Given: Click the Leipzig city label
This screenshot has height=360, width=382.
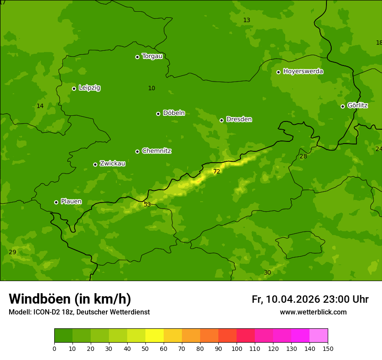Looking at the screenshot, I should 89,88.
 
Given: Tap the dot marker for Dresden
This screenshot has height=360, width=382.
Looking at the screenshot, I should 221,120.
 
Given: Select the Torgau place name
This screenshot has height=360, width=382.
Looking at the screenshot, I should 152,56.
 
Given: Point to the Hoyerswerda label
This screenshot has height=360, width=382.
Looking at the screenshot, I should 303,72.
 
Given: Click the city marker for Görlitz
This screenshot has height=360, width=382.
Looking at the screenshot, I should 342,106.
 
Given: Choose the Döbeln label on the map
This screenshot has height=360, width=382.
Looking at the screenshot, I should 174,113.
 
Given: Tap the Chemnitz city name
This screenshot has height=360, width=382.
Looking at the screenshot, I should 156,151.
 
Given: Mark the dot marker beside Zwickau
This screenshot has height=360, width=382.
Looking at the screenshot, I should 95,164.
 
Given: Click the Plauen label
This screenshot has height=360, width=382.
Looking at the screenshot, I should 71,202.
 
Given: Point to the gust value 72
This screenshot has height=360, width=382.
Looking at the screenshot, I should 217,172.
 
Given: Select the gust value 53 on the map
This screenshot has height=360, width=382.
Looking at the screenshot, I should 147,204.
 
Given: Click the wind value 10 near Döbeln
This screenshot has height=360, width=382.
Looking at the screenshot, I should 151,88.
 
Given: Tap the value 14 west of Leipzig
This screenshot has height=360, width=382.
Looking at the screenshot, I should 40,106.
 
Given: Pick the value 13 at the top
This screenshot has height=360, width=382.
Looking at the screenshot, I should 247,20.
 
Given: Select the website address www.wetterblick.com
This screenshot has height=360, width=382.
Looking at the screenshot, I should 313,312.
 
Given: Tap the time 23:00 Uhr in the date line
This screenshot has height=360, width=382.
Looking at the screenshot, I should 346,299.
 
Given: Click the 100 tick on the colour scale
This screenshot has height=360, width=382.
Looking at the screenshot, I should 237,348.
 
